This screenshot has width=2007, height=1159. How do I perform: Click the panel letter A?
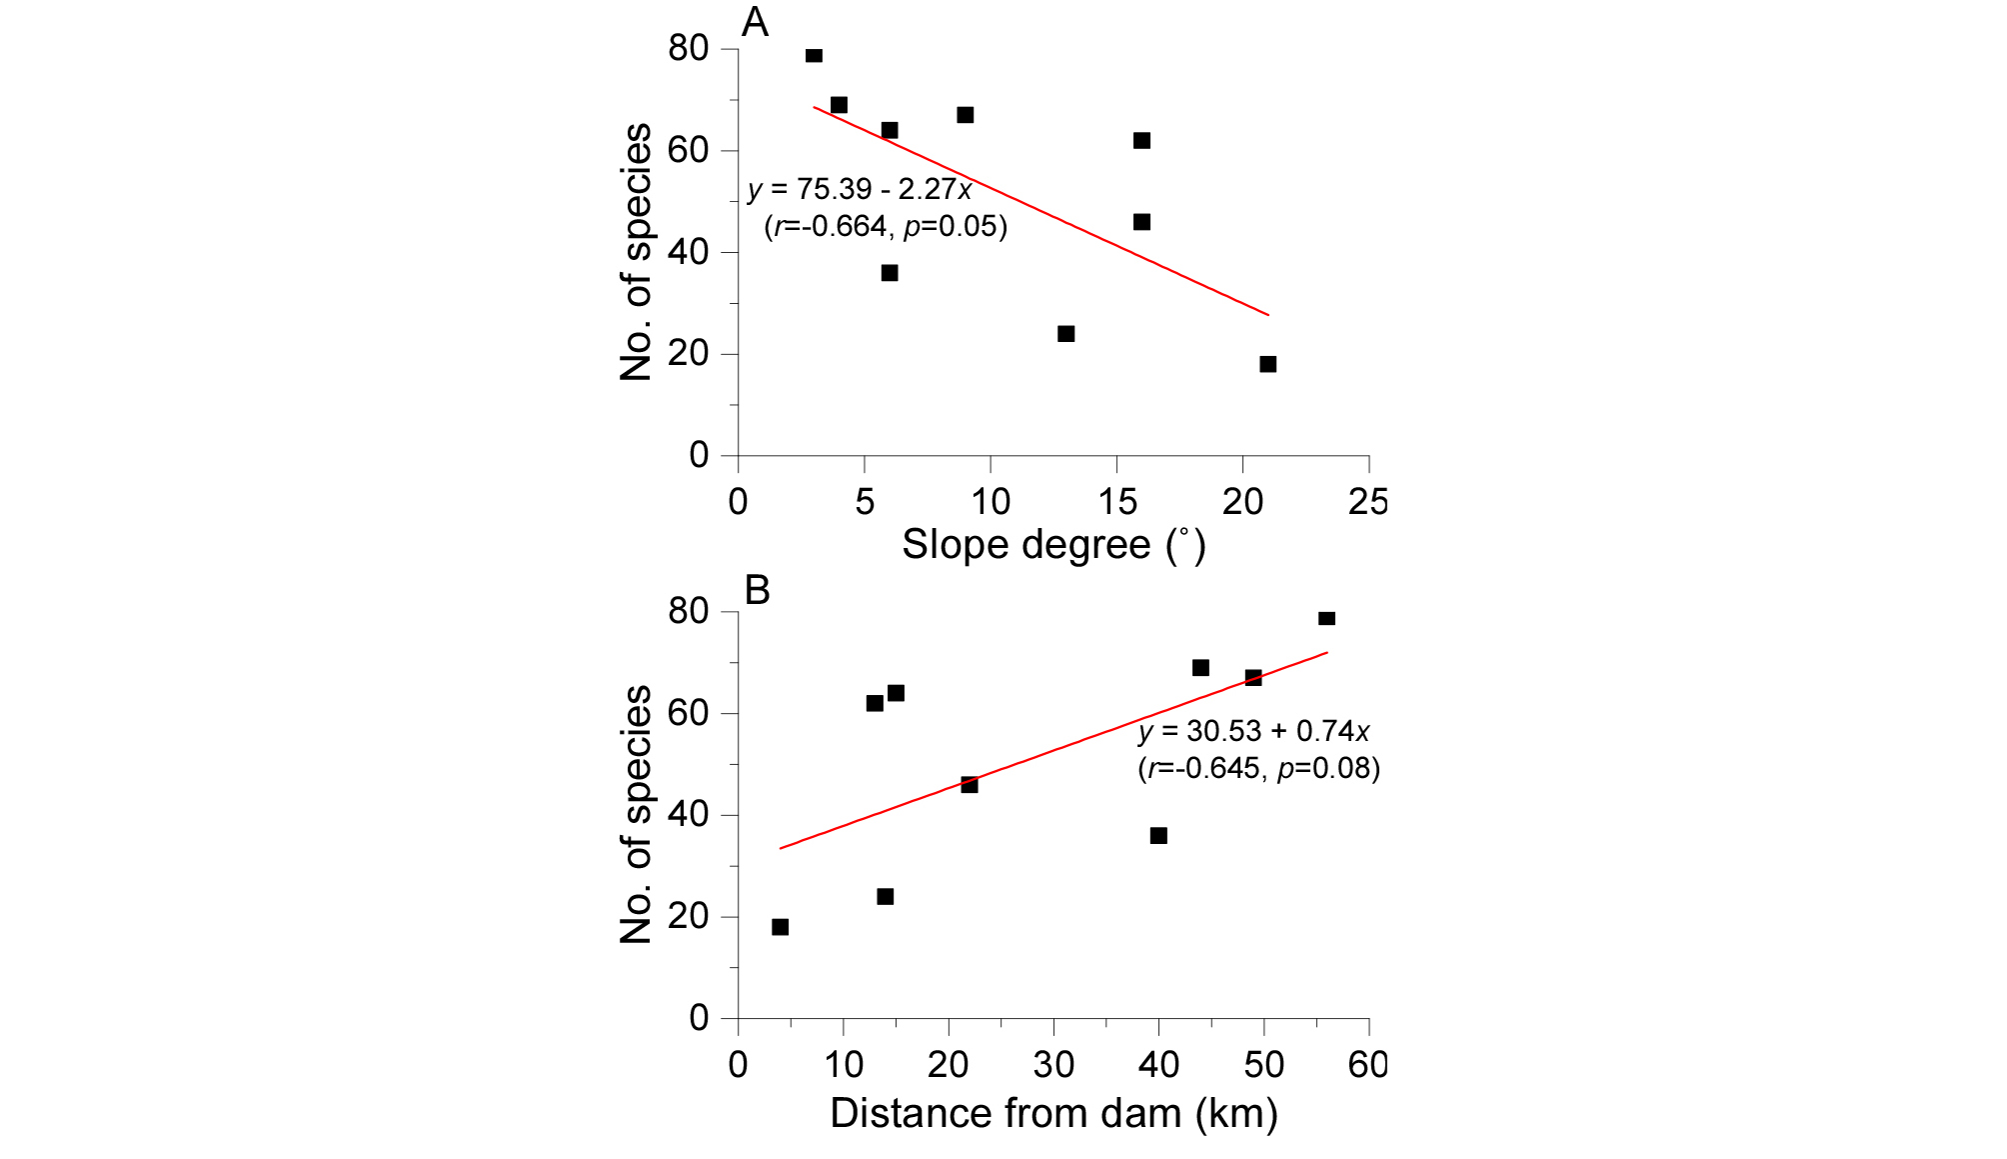point(755,23)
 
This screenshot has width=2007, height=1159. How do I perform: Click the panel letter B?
point(758,591)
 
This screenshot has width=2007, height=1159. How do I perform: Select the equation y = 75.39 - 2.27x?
point(860,190)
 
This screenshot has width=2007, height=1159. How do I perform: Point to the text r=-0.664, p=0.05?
point(886,227)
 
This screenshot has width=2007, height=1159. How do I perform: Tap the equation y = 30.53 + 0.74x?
point(1253,732)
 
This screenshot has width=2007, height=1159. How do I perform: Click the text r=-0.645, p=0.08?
point(1258,769)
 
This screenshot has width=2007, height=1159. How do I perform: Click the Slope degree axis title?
point(1053,546)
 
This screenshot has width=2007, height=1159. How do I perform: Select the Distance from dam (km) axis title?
point(1053,1113)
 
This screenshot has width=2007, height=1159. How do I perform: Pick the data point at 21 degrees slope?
point(1267,364)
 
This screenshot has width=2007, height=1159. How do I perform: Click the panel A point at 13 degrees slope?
point(1065,334)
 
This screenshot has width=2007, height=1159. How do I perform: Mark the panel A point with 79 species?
point(814,55)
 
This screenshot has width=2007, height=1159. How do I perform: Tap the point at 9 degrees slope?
point(965,115)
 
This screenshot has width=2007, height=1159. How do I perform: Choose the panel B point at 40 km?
point(1158,836)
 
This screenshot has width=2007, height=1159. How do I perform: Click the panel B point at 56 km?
point(1326,618)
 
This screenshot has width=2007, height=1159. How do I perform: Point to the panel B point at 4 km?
point(780,927)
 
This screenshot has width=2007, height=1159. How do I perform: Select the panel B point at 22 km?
point(970,785)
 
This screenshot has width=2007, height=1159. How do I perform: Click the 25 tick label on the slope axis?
point(1367,502)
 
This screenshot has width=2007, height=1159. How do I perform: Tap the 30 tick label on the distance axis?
point(1053,1066)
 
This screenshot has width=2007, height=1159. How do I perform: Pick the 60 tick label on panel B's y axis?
point(688,713)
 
